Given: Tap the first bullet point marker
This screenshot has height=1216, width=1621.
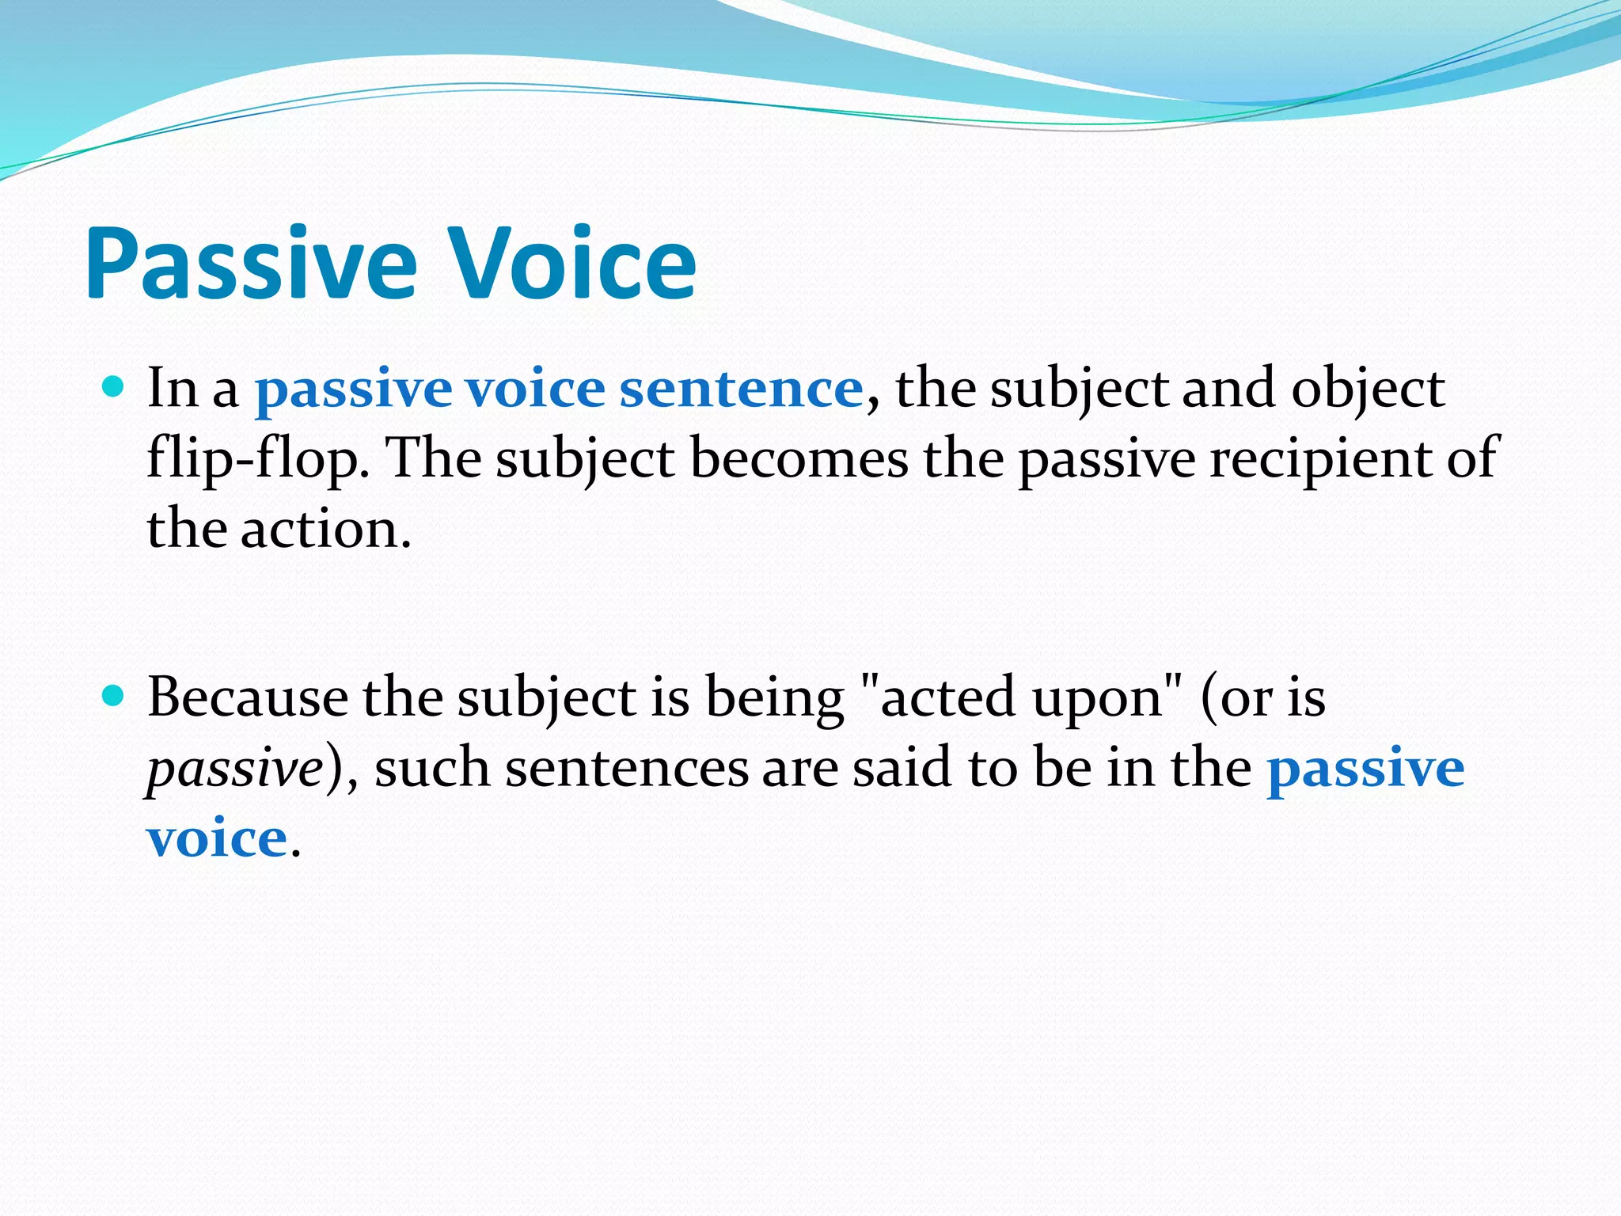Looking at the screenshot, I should (x=114, y=387).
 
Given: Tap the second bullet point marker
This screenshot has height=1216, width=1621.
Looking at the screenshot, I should (x=114, y=696).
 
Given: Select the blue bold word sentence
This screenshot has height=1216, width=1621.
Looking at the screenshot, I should (x=741, y=389).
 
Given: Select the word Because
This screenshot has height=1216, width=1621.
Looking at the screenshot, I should (x=247, y=698).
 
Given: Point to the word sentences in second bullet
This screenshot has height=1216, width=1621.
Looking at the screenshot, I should (x=627, y=769).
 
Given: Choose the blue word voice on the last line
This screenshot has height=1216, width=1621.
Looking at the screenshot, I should (x=216, y=838).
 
